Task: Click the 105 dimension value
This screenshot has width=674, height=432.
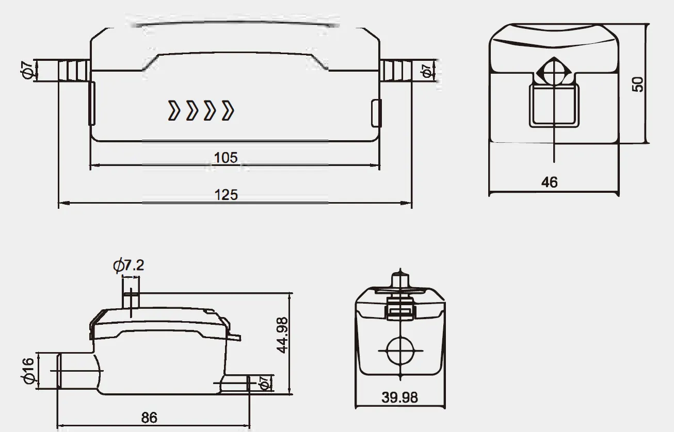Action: [226, 157]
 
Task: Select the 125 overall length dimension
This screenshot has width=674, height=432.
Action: [226, 195]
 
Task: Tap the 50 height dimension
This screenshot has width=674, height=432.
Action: [638, 84]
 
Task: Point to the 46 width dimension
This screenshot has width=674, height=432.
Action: [549, 182]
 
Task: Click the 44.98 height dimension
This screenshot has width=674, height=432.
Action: [282, 335]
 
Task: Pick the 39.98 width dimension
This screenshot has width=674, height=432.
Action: [399, 397]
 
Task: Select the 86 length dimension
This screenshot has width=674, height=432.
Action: [149, 418]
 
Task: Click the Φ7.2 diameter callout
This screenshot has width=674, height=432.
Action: [128, 266]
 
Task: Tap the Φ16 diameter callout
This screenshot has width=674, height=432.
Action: [28, 370]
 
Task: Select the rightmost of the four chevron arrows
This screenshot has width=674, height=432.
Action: [228, 111]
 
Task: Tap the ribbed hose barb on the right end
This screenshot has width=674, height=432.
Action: [395, 70]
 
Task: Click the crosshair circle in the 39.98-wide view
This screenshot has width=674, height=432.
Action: [400, 351]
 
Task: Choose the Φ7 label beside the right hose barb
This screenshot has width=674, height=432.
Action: [426, 71]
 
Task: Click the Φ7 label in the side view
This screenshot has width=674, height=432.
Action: [264, 383]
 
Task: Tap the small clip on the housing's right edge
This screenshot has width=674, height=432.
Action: [376, 112]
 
